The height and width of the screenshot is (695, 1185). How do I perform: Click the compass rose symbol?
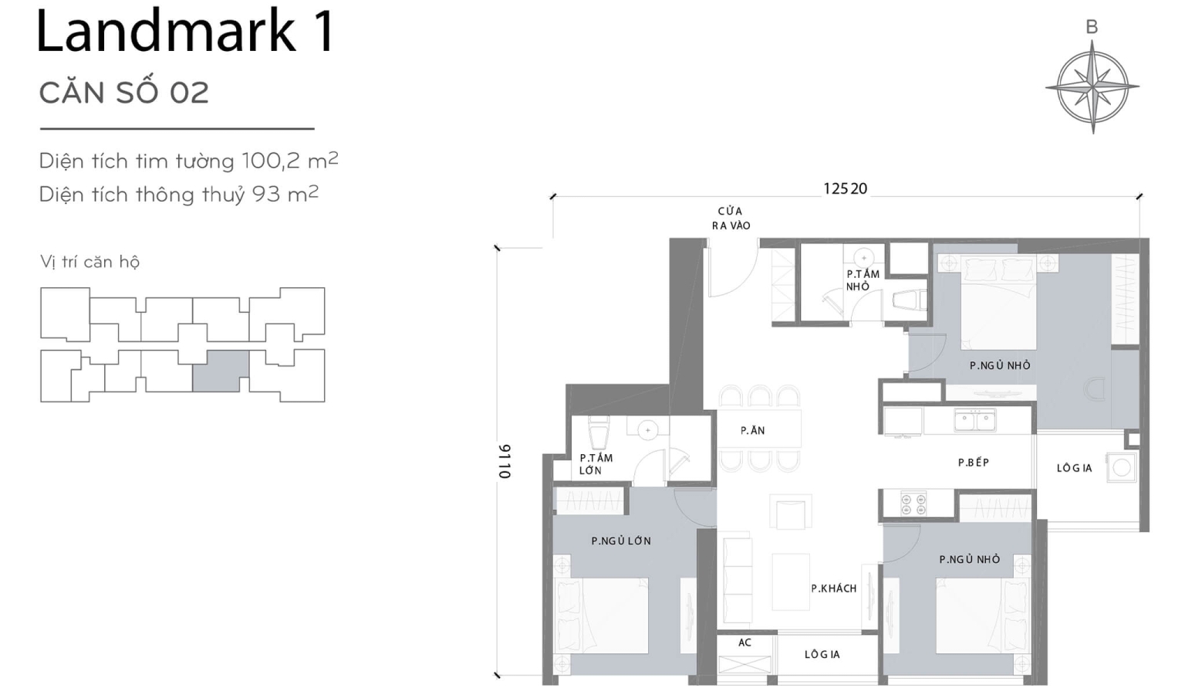(x=1092, y=86)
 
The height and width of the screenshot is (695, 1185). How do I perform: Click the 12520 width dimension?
(x=845, y=188)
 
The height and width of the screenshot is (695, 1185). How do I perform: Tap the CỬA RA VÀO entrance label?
(x=731, y=218)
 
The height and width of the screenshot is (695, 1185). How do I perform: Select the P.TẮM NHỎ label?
(x=862, y=280)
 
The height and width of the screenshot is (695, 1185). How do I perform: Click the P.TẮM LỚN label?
(x=596, y=463)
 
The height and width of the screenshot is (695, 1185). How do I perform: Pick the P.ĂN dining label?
(x=752, y=430)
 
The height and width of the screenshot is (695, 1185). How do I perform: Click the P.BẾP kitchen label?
(x=973, y=462)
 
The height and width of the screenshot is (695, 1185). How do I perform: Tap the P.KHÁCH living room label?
(x=833, y=588)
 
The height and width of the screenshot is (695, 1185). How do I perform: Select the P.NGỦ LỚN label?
(x=620, y=541)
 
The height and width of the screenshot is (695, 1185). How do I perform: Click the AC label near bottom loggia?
(x=744, y=642)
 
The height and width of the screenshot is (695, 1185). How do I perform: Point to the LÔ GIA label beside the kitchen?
(x=1074, y=467)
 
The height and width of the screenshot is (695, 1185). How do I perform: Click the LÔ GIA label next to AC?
(x=822, y=654)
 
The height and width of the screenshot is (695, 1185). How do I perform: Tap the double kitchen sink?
(x=974, y=420)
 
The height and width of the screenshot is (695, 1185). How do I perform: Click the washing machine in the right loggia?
(x=1121, y=467)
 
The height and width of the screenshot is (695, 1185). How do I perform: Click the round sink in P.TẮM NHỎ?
(x=863, y=257)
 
